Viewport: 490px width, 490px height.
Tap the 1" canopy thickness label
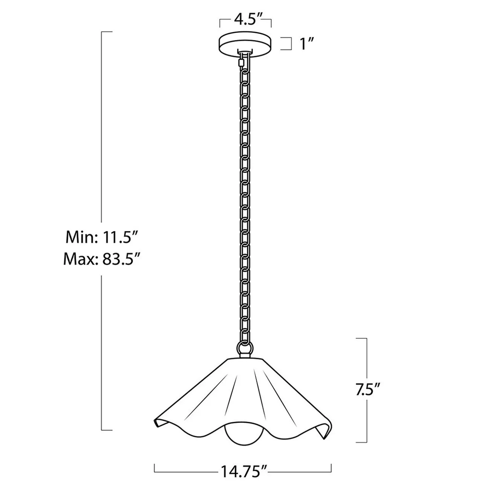[x=304, y=44]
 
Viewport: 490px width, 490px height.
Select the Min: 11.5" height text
[x=102, y=237]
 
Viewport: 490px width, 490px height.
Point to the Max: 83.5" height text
[x=101, y=259]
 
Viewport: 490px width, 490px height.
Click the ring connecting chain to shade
[x=245, y=347]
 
